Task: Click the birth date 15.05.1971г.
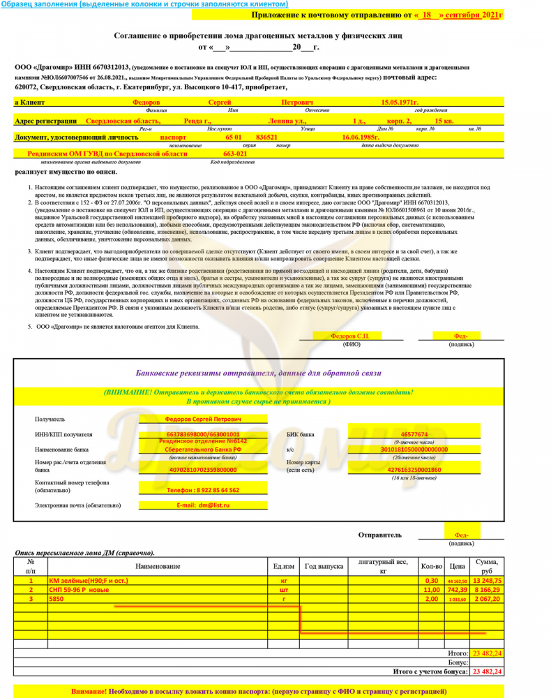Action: [x=400, y=103]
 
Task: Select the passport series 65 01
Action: [x=232, y=138]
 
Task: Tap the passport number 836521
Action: [x=268, y=138]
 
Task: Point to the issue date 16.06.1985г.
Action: [x=361, y=138]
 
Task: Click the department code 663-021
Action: [x=235, y=154]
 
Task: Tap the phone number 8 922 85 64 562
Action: [x=204, y=490]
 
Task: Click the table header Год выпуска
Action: [x=324, y=566]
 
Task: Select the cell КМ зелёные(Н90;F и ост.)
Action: [x=89, y=580]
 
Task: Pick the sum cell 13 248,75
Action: [x=488, y=580]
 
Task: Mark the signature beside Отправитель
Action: [x=461, y=535]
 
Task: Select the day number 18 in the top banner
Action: [x=427, y=15]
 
